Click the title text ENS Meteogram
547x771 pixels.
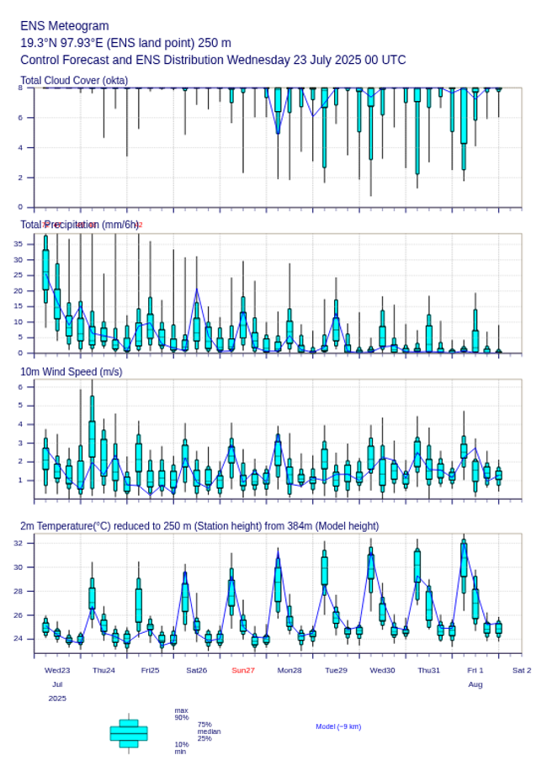[64, 26]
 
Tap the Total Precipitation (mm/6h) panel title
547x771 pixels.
[79, 225]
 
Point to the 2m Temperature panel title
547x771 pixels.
[199, 526]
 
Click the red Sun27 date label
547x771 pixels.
[243, 670]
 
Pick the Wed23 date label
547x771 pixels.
[57, 670]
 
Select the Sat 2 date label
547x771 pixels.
[522, 670]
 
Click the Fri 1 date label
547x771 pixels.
[475, 670]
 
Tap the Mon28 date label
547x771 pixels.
[289, 670]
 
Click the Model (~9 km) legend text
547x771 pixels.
[338, 726]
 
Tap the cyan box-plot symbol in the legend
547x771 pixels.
[129, 733]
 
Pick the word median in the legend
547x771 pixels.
[209, 731]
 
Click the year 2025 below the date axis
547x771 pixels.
[57, 699]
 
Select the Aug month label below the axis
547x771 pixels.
[475, 684]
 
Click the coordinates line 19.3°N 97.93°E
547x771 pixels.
[125, 43]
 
